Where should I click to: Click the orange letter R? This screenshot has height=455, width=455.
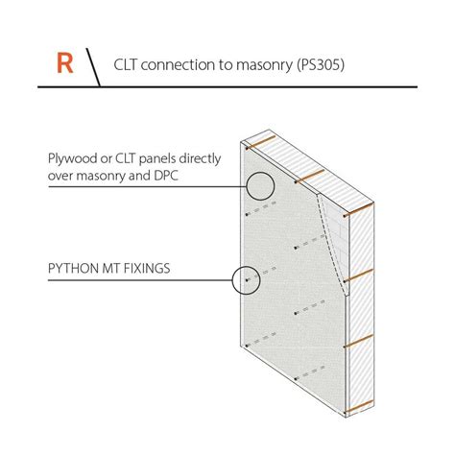pyautogui.click(x=65, y=63)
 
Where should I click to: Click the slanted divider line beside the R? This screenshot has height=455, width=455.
pyautogui.click(x=93, y=67)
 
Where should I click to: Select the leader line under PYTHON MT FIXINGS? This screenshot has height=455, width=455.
pyautogui.click(x=140, y=280)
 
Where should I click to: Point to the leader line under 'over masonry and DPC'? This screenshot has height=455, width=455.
pyautogui.click(x=147, y=186)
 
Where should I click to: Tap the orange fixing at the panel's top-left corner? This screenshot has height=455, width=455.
pyautogui.click(x=260, y=143)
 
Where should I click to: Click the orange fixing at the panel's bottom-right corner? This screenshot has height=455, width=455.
pyautogui.click(x=359, y=406)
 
